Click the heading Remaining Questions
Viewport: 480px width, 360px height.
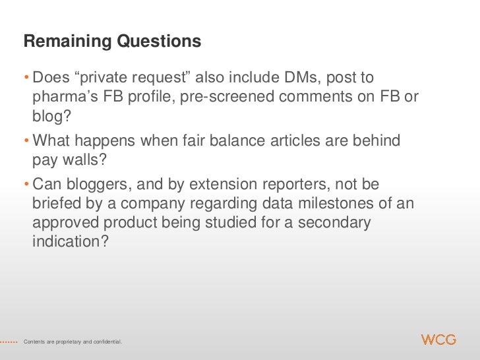tap(111, 42)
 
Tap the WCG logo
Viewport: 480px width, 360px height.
tap(438, 340)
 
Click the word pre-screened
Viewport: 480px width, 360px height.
tap(229, 98)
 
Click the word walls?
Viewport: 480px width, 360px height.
tap(82, 161)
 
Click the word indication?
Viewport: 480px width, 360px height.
tap(69, 241)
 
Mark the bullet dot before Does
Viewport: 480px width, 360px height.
tap(26, 80)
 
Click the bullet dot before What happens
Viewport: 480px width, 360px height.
tap(26, 142)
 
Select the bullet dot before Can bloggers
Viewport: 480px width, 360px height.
tap(26, 186)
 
